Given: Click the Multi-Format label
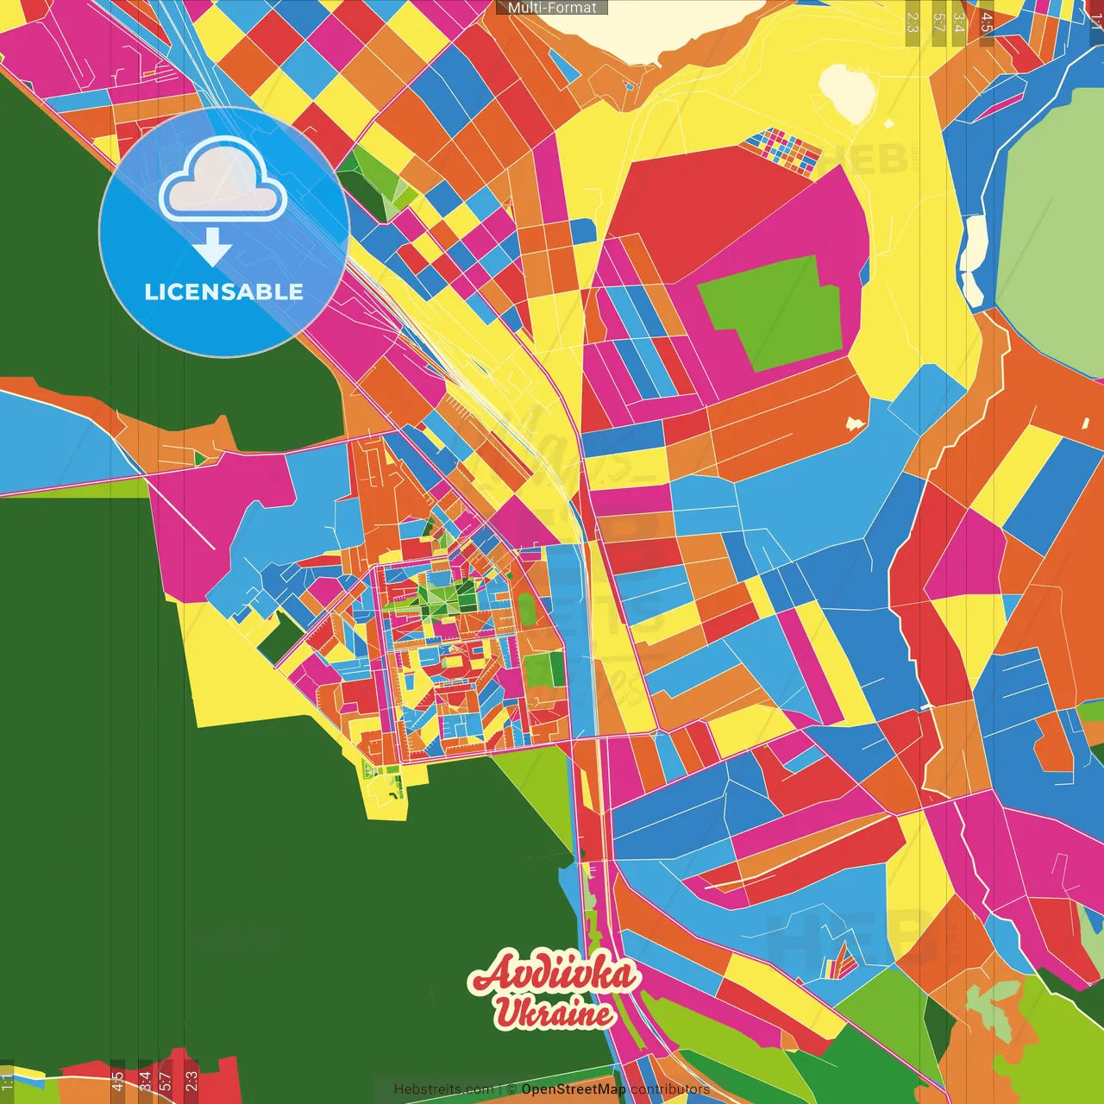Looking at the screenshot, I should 552,8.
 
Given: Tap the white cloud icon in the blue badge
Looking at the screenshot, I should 223,180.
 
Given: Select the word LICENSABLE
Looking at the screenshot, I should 223,292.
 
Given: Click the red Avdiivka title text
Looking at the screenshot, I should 554,975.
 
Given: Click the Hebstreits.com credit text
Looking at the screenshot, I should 443,1089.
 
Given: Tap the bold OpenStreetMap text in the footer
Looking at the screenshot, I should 573,1089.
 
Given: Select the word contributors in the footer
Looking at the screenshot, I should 669,1089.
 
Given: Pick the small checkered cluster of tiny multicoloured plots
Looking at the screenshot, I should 782,151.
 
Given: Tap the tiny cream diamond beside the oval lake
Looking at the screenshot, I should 888,124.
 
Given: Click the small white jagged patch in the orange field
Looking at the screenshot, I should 855,423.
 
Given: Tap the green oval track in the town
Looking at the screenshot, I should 526,610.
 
